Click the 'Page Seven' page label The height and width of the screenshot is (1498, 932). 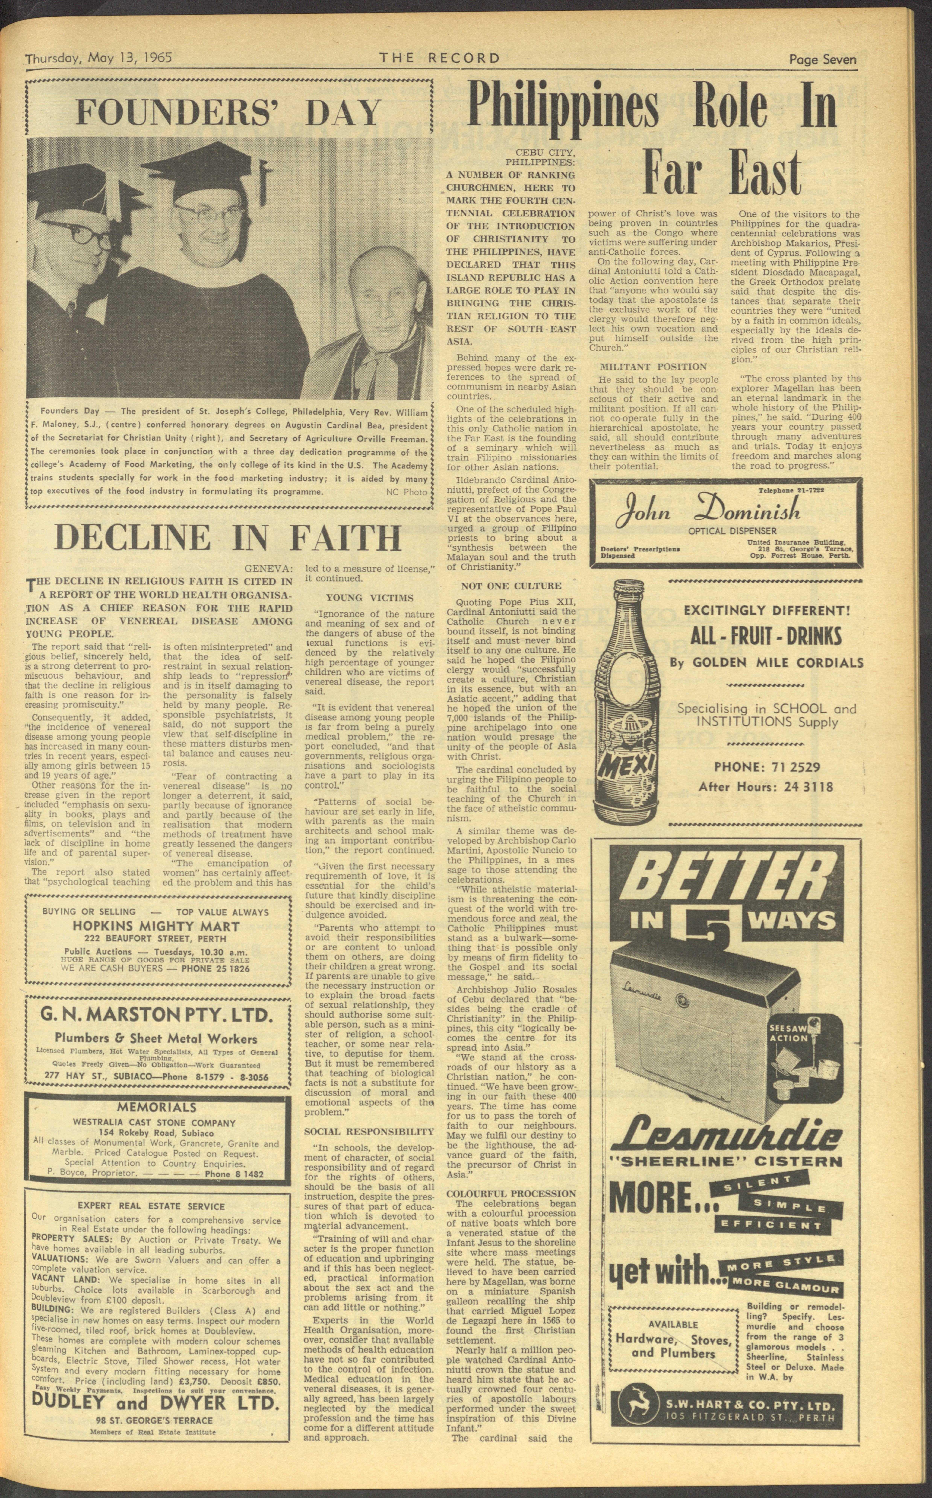(823, 59)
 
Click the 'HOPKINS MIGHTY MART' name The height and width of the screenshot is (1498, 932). (157, 926)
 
